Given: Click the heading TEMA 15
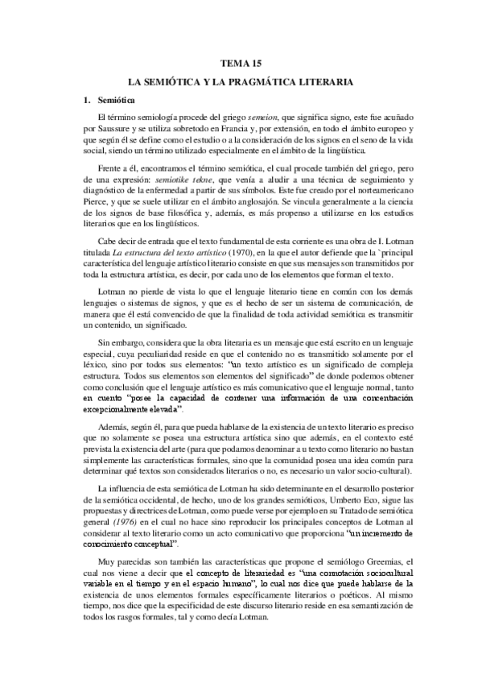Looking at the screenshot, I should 241,63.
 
